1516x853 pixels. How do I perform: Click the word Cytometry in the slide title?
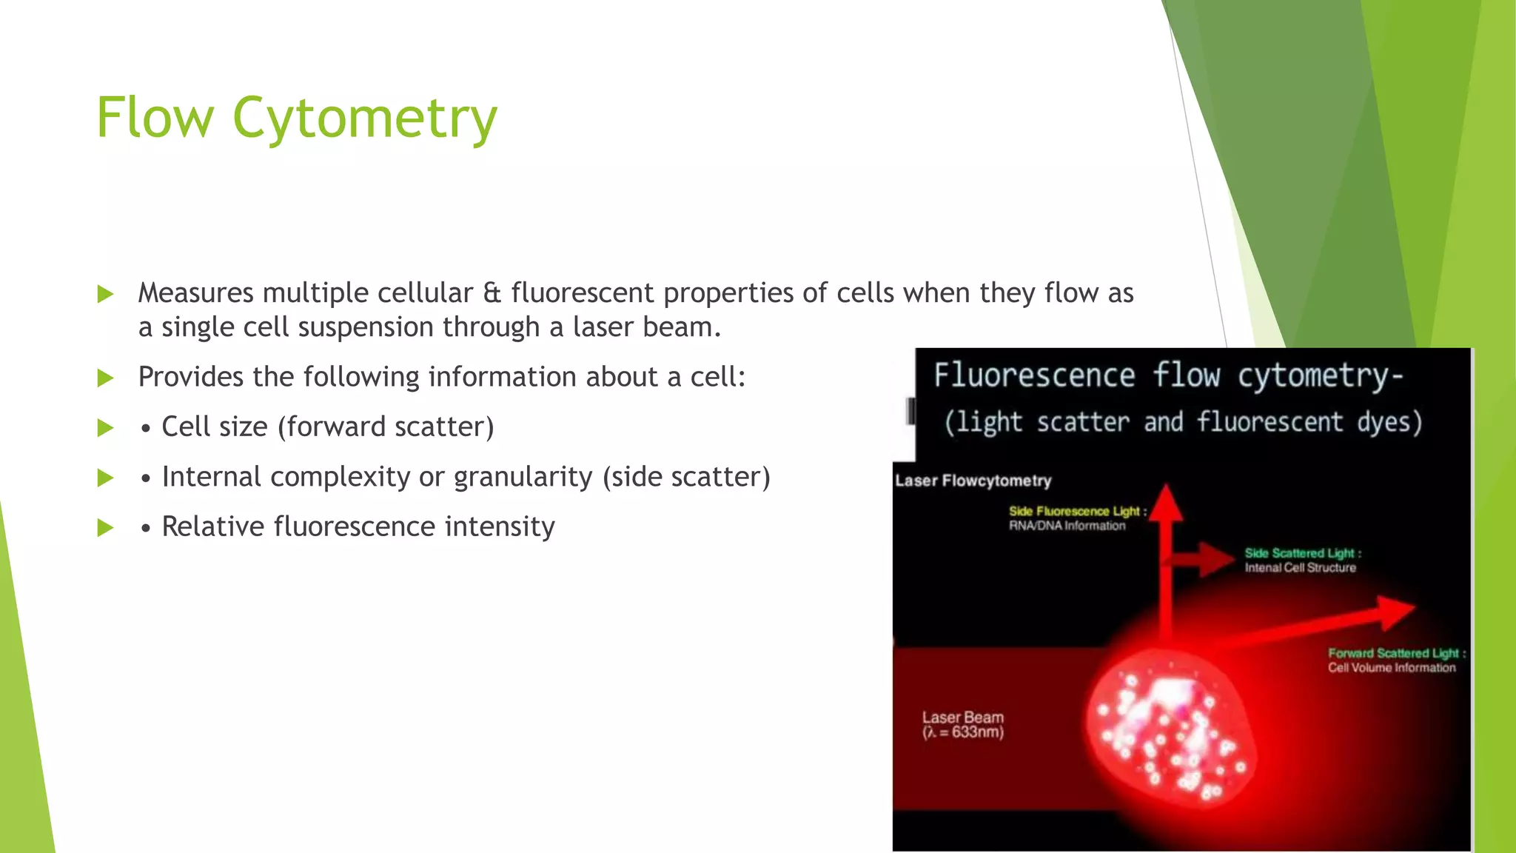coord(364,118)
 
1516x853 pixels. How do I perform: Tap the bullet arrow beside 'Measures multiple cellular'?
coord(106,295)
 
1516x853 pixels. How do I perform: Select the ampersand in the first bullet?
coord(492,293)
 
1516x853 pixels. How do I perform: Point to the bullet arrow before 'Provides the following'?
coord(106,378)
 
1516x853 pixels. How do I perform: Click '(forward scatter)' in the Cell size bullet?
coord(386,427)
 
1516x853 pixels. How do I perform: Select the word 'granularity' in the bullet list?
coord(523,477)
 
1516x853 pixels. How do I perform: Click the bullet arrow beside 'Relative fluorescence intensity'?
coord(106,528)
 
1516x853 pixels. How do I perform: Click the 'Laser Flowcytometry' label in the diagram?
coord(973,481)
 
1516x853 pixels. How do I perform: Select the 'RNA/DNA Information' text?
coord(1067,526)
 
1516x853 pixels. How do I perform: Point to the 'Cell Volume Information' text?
coord(1392,668)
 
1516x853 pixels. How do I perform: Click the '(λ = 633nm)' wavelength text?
coord(963,732)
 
